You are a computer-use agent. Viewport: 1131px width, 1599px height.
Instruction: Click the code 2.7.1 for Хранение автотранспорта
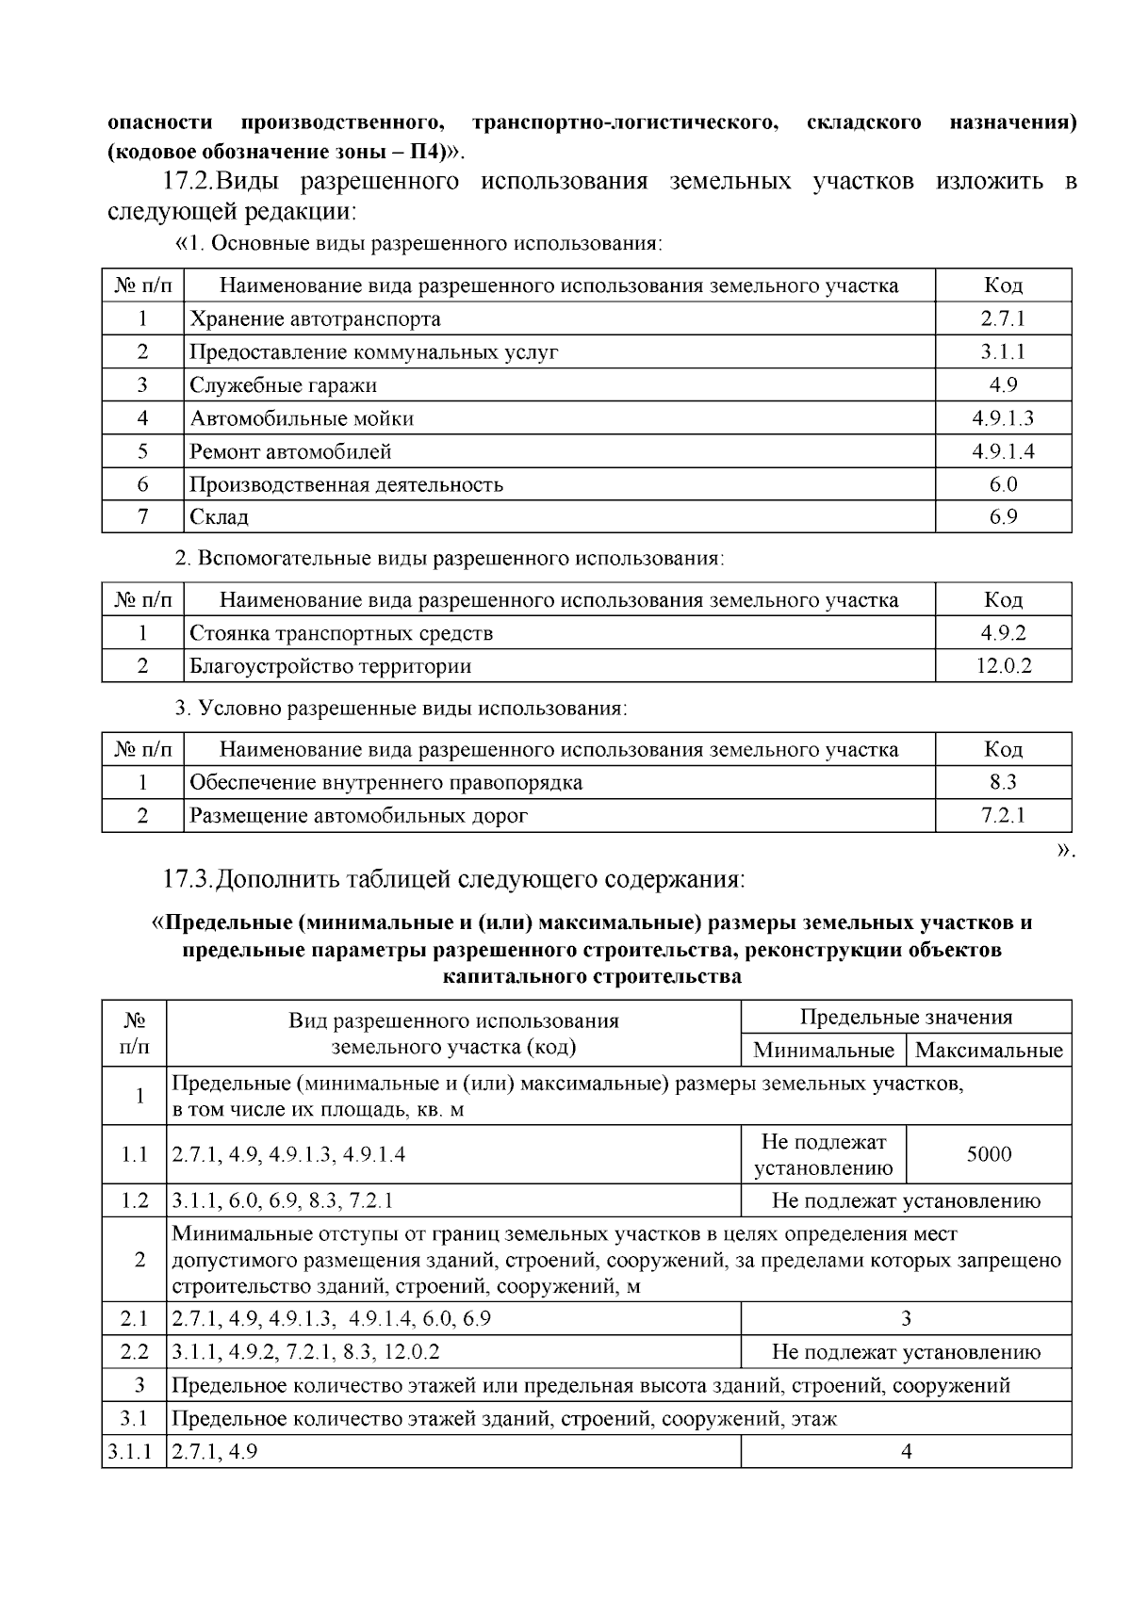pyautogui.click(x=1003, y=318)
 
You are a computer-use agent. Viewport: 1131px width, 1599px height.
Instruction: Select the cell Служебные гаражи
pyautogui.click(x=283, y=385)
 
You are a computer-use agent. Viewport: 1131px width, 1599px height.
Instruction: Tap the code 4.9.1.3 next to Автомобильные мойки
pyautogui.click(x=1003, y=418)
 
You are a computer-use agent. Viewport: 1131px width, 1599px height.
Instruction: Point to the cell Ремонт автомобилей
pyautogui.click(x=290, y=451)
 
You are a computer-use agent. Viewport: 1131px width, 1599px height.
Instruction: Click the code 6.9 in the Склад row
pyautogui.click(x=1003, y=517)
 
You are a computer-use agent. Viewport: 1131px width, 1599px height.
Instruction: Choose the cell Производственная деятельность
pyautogui.click(x=346, y=485)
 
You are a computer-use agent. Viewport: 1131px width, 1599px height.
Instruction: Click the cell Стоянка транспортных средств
pyautogui.click(x=341, y=633)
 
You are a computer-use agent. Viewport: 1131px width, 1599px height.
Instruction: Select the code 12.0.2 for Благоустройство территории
pyautogui.click(x=1003, y=666)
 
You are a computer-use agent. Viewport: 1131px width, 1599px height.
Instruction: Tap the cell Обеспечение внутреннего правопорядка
pyautogui.click(x=385, y=783)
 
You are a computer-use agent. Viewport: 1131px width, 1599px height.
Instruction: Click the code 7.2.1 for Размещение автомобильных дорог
pyautogui.click(x=1003, y=816)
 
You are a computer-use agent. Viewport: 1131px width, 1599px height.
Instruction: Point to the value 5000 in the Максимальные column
pyautogui.click(x=989, y=1154)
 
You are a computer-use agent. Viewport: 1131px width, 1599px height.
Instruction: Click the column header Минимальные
pyautogui.click(x=823, y=1051)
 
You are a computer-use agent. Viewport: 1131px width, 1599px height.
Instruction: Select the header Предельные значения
pyautogui.click(x=906, y=1018)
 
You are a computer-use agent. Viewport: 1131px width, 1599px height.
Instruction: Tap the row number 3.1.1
pyautogui.click(x=134, y=1452)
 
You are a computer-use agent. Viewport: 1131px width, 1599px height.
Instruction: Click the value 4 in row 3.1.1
pyautogui.click(x=906, y=1452)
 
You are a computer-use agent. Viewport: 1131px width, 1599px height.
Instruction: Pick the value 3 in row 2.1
pyautogui.click(x=906, y=1318)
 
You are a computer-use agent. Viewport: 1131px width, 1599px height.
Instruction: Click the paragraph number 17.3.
pyautogui.click(x=185, y=880)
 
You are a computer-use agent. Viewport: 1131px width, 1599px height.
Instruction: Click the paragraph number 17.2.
pyautogui.click(x=185, y=181)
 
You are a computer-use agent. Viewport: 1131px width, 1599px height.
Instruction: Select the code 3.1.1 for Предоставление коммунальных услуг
pyautogui.click(x=1003, y=352)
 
